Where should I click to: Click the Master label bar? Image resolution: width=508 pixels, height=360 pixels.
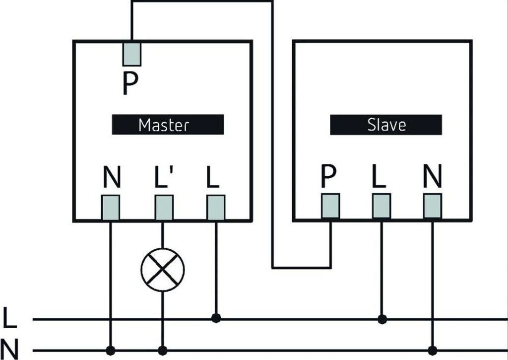168,124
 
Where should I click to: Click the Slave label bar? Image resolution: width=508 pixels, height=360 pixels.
386,125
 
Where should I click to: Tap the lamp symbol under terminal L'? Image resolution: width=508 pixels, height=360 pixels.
163,270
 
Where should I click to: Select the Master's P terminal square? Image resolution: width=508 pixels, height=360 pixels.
131,54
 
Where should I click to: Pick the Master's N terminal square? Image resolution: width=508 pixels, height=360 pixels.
111,207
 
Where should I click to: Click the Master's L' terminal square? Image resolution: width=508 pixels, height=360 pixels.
164,207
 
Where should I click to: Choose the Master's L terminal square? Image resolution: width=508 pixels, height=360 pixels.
216,207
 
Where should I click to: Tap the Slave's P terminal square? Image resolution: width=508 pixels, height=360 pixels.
330,206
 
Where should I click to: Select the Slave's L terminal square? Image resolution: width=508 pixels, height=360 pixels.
381,206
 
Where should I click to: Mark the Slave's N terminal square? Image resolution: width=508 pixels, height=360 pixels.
433,206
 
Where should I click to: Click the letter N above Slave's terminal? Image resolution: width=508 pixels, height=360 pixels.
433,177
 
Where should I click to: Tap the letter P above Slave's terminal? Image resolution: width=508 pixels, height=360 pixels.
328,177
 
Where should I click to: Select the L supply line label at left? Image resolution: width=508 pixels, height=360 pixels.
9,318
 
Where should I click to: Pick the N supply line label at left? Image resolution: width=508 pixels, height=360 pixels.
9,349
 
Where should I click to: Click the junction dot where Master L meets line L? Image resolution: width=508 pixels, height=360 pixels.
216,318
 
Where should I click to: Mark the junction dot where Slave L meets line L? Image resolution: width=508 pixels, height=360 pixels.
381,319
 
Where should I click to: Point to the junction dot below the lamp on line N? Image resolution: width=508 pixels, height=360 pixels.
163,350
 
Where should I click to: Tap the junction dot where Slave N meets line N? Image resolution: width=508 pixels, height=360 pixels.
433,350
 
